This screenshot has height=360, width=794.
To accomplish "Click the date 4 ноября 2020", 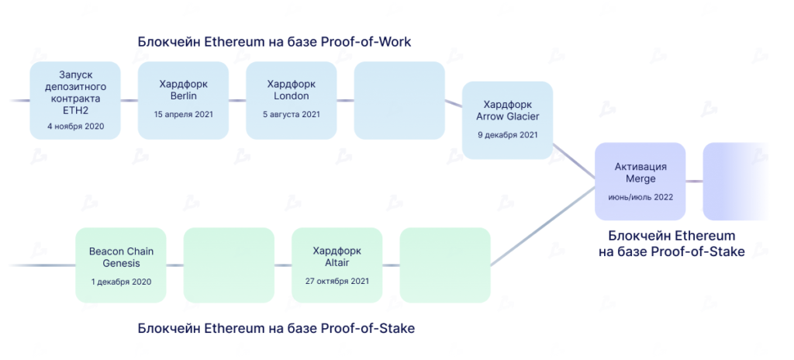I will point(75,126).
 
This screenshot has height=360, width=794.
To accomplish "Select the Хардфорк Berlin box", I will point(183,100).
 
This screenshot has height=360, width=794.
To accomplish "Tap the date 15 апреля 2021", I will point(183,114).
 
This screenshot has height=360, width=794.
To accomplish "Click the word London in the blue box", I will point(291,96).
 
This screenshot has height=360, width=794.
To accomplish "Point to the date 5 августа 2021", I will point(291,114).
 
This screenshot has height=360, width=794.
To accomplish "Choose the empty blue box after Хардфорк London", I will point(399,100).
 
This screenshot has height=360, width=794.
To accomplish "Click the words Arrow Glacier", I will point(507,116).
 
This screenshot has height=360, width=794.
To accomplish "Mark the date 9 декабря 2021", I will point(507,134).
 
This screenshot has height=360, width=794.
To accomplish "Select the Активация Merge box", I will point(640,181).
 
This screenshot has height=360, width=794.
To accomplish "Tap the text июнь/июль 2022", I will point(640,197).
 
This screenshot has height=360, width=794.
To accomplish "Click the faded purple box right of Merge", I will point(733,181).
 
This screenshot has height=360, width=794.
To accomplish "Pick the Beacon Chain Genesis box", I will point(120,265).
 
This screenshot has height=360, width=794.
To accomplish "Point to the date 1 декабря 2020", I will point(120,282).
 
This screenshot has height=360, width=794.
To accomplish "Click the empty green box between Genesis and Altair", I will point(229,265).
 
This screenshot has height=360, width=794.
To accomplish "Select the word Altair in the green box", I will point(337,264).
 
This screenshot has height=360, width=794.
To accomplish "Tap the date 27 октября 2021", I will point(337,282).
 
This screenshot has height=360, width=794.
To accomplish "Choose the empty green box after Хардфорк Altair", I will point(444,265).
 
